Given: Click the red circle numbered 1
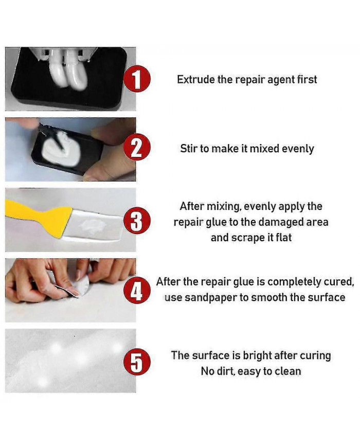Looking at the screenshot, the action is [137, 79].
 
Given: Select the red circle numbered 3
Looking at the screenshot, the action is [137, 220].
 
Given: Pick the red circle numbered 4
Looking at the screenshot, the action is [137, 290].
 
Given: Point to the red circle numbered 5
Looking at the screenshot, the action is [137, 362].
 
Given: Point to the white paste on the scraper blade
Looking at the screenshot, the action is [93, 226].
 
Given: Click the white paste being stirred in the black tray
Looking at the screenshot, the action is [62, 149].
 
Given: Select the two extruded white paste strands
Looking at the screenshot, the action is [68, 71].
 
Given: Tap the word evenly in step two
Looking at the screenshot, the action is [298, 149].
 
